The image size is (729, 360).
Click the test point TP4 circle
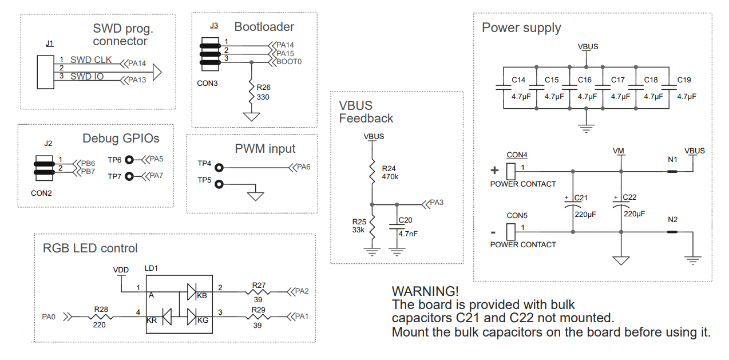[218, 168]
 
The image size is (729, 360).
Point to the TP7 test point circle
[129, 176]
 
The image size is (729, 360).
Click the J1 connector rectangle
[46, 72]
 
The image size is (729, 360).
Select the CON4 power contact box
[512, 170]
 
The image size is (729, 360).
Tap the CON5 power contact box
[512, 231]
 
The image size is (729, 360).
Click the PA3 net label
[437, 203]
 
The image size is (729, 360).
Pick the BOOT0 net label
[289, 61]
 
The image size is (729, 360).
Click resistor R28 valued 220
[101, 316]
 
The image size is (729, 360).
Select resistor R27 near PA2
[258, 291]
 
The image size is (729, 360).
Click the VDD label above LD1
[121, 270]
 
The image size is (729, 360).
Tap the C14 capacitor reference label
[518, 80]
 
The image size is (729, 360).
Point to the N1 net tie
[672, 171]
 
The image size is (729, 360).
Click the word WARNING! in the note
[425, 291]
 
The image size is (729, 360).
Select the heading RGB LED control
[90, 248]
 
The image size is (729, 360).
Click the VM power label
[618, 151]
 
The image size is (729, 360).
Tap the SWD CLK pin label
[91, 60]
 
